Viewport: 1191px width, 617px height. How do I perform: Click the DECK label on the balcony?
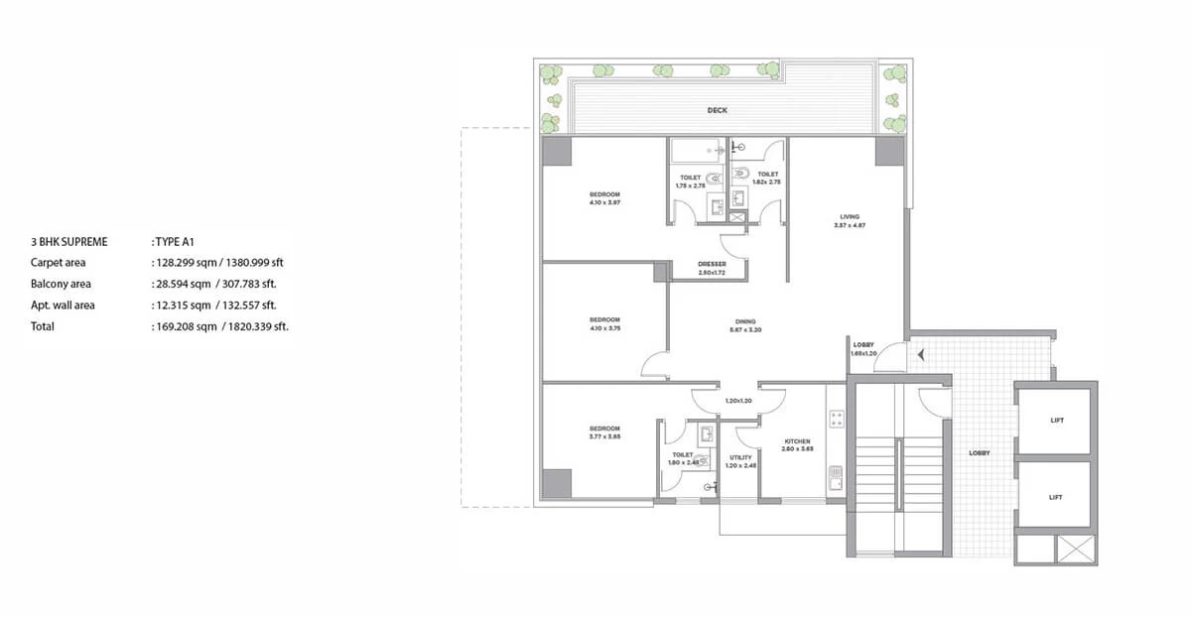point(718,110)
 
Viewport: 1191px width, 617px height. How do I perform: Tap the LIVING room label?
point(849,216)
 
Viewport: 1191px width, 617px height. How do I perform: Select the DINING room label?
point(745,321)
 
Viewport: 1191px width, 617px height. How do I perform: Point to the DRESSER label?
point(713,264)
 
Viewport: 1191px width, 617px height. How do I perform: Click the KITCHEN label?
point(797,441)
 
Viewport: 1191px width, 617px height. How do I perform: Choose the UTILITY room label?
point(740,457)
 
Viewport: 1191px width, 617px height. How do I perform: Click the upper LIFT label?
point(1056,421)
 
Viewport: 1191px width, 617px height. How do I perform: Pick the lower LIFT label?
point(1056,497)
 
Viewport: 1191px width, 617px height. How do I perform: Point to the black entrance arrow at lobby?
point(922,354)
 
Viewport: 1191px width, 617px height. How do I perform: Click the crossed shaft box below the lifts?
point(1077,549)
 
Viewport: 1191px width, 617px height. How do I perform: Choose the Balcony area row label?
point(61,284)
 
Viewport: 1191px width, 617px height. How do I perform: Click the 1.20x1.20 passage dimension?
point(738,401)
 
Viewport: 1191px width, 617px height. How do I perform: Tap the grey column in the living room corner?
point(889,152)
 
